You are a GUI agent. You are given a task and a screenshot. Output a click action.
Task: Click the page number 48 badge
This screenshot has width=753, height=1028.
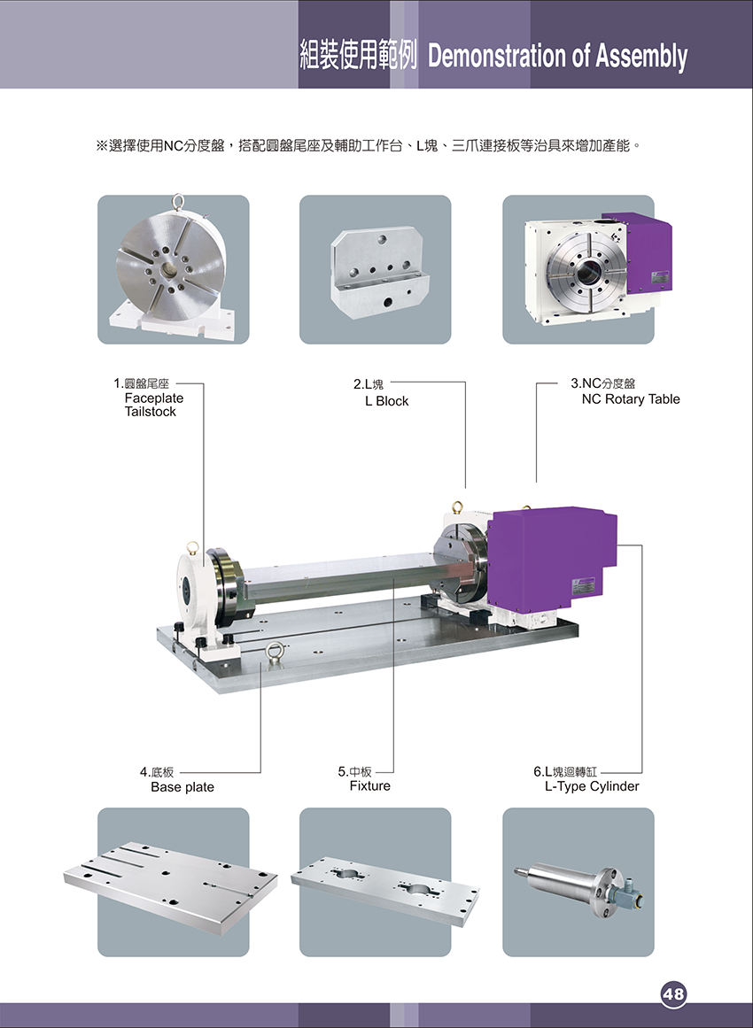[x=673, y=993]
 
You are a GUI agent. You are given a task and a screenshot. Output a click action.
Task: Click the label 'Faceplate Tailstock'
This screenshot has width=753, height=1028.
[x=154, y=406]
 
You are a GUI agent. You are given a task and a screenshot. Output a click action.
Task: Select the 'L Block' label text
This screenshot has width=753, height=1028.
[x=387, y=401]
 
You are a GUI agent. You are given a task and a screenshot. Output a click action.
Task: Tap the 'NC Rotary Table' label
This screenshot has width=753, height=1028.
[x=631, y=399]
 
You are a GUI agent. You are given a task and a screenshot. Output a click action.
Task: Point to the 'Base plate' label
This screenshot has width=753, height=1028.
[x=182, y=787]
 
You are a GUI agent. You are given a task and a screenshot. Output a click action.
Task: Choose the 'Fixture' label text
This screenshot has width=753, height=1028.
[x=370, y=786]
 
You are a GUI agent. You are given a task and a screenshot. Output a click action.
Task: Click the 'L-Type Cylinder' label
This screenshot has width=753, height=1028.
[x=592, y=787]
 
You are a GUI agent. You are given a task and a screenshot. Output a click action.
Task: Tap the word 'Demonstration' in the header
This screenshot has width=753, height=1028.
[x=498, y=57]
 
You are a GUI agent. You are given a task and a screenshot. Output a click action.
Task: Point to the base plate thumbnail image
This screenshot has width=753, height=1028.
[x=171, y=887]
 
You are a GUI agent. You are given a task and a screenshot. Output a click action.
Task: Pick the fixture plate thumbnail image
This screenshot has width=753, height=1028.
[x=385, y=890]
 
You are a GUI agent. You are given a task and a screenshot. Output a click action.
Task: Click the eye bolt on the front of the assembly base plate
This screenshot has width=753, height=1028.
[x=274, y=653]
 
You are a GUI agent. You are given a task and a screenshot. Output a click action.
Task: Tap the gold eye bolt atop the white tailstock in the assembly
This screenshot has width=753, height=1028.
[x=192, y=548]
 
